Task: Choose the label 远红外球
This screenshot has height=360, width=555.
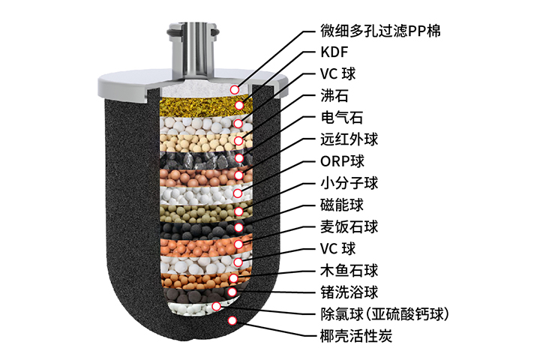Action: pyautogui.click(x=343, y=140)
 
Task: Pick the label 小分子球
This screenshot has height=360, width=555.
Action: pyautogui.click(x=343, y=183)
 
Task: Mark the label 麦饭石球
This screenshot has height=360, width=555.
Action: pyautogui.click(x=343, y=226)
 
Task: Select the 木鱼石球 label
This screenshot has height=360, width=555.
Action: pyautogui.click(x=343, y=269)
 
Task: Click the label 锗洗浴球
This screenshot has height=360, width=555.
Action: pyautogui.click(x=343, y=291)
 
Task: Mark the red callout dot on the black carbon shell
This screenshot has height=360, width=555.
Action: pyautogui.click(x=232, y=320)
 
